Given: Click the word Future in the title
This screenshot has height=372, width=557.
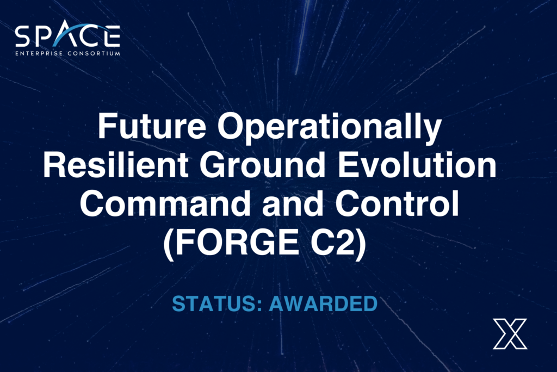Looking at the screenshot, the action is point(152,126).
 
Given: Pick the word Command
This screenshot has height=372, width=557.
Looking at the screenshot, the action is point(165,203).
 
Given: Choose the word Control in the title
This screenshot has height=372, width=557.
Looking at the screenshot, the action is point(397,203).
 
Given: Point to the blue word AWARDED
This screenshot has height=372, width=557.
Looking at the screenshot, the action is point(323,304).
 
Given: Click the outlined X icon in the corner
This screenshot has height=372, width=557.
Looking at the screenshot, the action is point(510,333).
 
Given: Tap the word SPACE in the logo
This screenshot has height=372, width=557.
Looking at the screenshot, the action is point(67,35).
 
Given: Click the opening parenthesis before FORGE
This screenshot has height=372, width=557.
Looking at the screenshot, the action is point(169,244).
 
